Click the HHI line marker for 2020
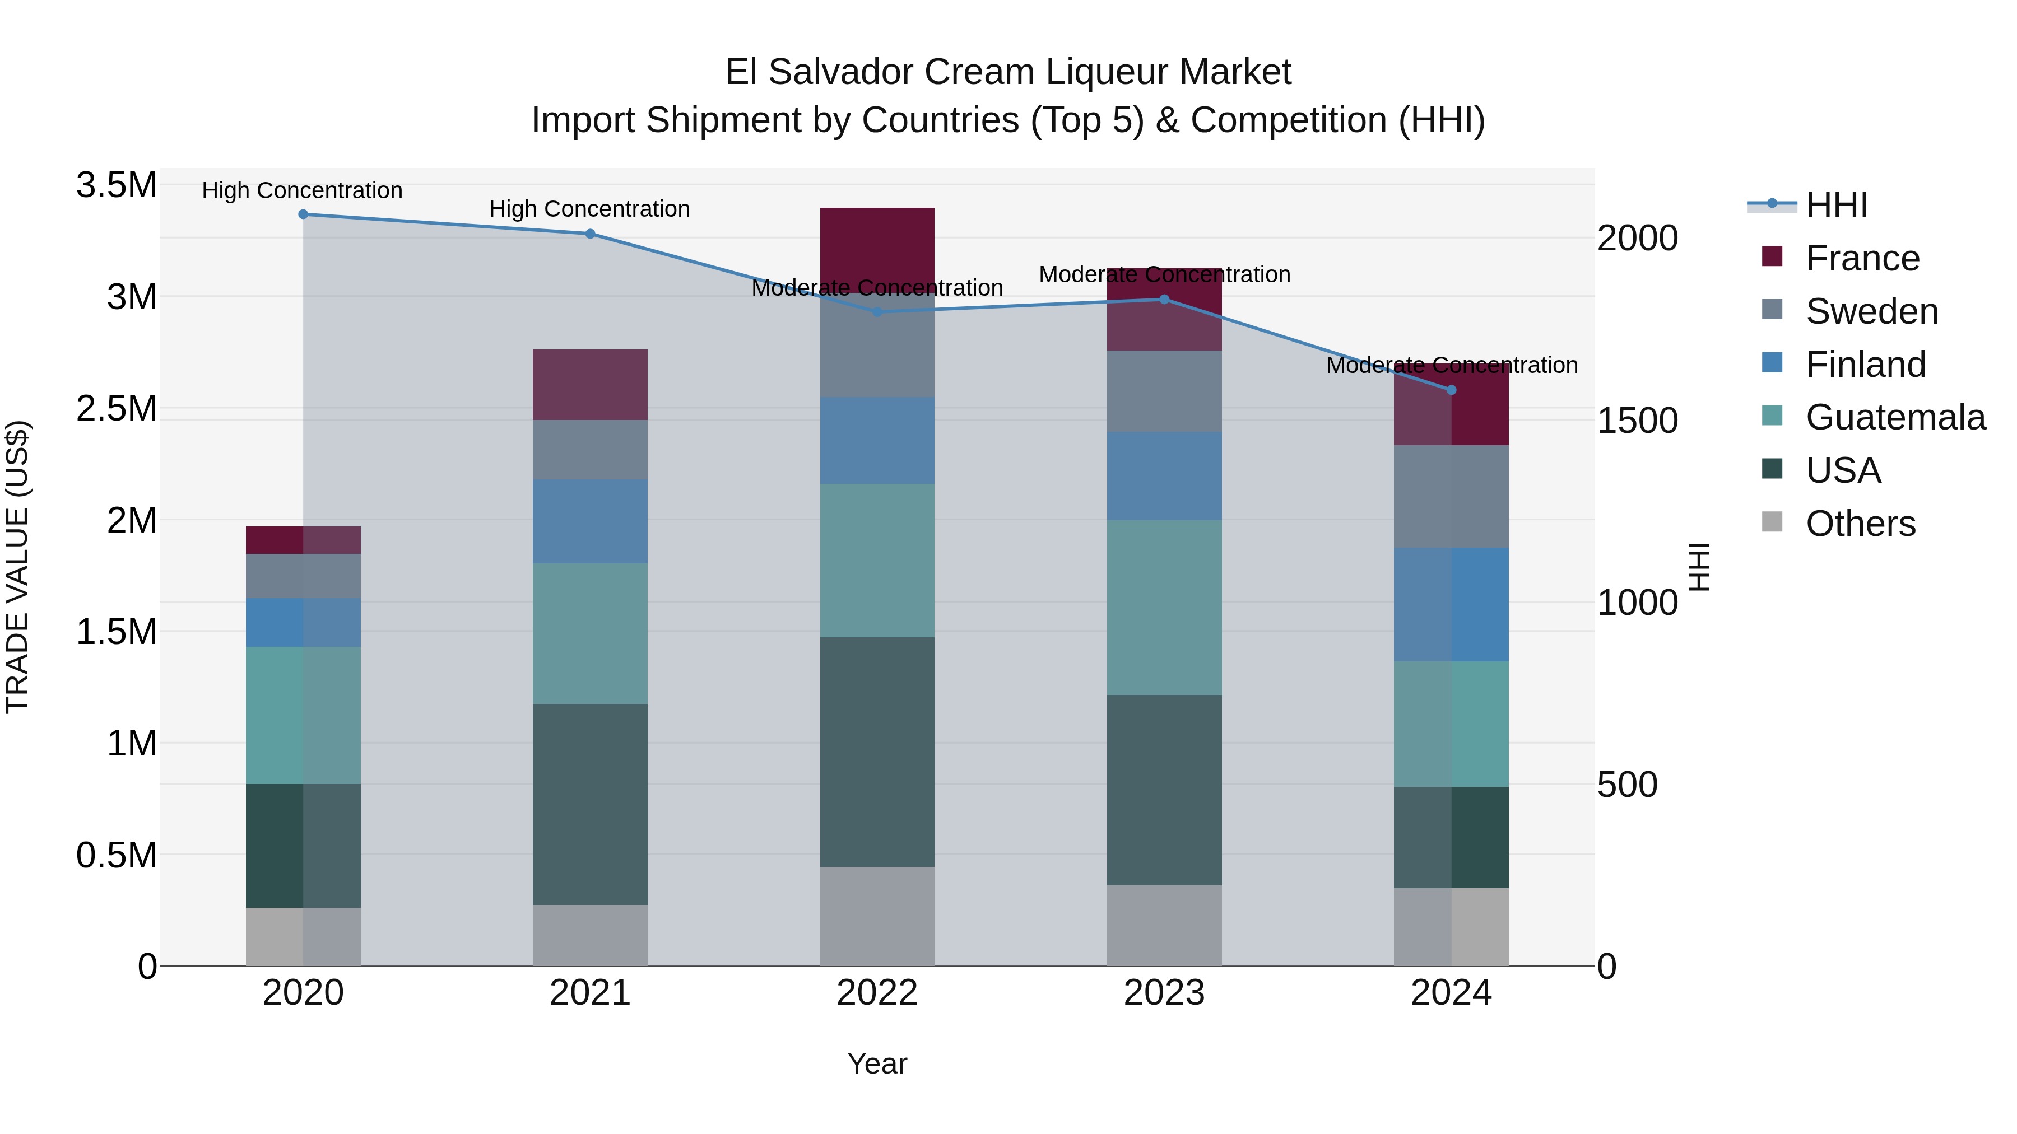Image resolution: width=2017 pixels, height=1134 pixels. point(303,214)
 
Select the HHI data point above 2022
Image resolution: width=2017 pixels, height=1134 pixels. point(877,311)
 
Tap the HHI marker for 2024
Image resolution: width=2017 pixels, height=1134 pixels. point(1451,390)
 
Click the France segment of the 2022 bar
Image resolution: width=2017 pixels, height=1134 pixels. point(877,242)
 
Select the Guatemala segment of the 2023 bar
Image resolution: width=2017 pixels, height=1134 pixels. point(1164,606)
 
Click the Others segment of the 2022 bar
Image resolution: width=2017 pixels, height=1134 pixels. point(877,916)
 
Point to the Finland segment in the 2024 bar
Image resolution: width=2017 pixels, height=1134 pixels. point(1451,604)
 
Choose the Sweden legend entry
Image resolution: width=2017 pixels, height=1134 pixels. point(1871,311)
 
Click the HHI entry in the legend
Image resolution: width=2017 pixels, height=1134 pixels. point(1836,205)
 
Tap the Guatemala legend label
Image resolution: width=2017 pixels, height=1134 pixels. point(1895,417)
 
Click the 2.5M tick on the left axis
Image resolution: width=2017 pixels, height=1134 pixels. point(117,409)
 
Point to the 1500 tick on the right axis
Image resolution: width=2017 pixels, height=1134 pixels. point(1637,421)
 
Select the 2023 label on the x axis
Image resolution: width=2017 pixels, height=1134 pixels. point(1164,993)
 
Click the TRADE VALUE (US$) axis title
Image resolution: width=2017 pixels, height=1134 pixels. point(18,567)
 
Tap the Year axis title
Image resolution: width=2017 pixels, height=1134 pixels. point(877,1063)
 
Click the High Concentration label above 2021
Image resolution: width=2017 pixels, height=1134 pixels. point(589,209)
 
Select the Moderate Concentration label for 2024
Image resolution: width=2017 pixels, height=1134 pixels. point(1451,366)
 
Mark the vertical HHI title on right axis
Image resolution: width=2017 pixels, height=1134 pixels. point(1699,567)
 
